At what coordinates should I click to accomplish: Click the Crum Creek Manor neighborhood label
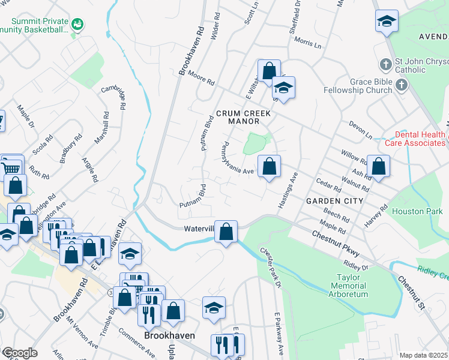point(244,117)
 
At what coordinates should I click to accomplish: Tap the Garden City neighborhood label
point(334,200)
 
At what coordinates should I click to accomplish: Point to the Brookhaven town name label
point(169,335)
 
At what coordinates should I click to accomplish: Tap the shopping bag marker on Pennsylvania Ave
point(270,166)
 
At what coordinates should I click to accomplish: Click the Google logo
point(19,353)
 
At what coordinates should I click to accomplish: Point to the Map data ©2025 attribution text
point(424,355)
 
